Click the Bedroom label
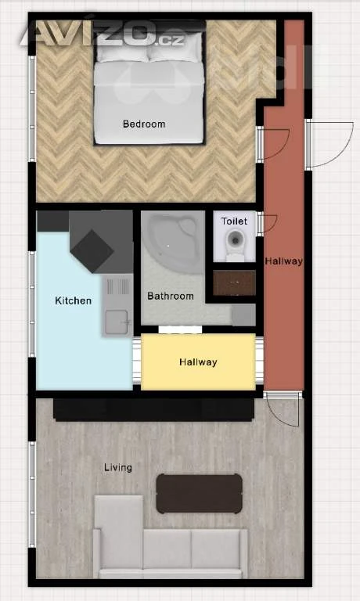click(x=144, y=124)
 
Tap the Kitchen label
click(x=74, y=300)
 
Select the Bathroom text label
click(x=171, y=296)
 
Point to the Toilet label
click(x=234, y=221)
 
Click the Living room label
click(x=118, y=468)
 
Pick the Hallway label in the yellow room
click(x=198, y=362)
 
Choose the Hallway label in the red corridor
click(x=284, y=261)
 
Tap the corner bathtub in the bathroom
click(x=173, y=243)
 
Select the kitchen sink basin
click(x=117, y=322)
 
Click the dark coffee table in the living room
click(x=200, y=494)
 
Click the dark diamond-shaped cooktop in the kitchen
click(x=92, y=251)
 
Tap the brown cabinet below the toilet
click(x=234, y=283)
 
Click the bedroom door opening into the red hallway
click(x=273, y=144)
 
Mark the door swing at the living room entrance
click(x=283, y=409)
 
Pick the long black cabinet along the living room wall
click(x=153, y=410)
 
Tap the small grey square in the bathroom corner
click(x=243, y=315)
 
